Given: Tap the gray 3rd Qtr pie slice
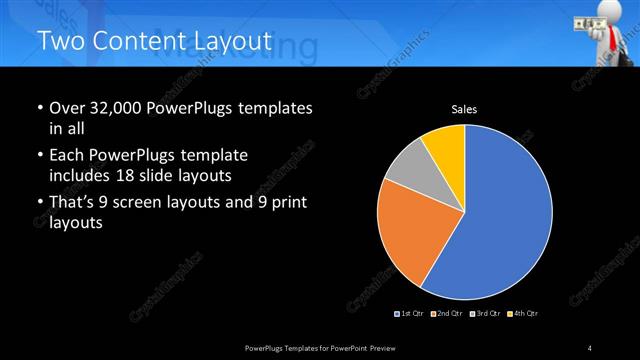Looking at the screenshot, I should [405, 174].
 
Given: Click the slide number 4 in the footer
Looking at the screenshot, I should [591, 347].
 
